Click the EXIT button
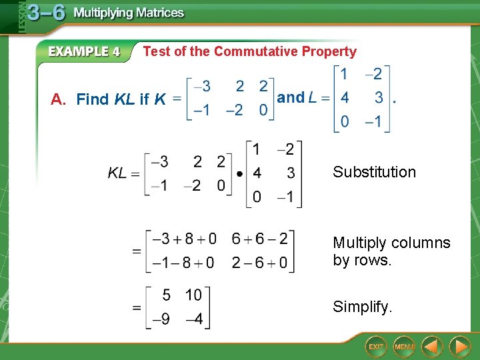click(377, 347)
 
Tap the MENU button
click(404, 347)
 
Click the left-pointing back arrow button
click(432, 347)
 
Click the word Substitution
click(374, 172)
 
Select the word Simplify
click(363, 307)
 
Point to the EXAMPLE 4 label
click(84, 52)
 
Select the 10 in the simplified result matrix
click(193, 295)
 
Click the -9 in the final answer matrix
click(161, 319)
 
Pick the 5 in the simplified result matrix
click(167, 295)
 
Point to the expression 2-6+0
click(259, 263)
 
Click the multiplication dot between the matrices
click(239, 173)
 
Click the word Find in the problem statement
click(93, 99)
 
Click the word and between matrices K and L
click(290, 97)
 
